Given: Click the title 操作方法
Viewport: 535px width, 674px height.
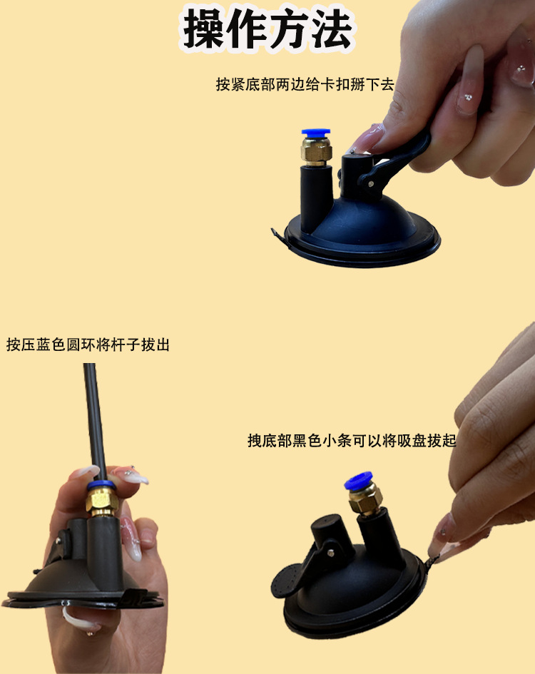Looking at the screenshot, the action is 267,29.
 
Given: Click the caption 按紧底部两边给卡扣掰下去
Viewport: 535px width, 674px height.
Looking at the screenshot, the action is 305,84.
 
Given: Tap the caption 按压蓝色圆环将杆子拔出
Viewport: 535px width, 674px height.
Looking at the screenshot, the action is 88,344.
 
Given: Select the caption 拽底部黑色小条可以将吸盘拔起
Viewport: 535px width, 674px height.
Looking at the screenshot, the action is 352,441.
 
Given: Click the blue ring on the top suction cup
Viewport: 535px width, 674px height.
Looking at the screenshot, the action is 316,132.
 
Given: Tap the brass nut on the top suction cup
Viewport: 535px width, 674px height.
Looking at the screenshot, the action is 316,150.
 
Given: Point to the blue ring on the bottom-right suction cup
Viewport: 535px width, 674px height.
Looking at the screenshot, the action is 358,481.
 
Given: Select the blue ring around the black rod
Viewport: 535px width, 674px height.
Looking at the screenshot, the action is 101,486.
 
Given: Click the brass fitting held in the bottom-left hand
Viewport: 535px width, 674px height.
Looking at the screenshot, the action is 101,502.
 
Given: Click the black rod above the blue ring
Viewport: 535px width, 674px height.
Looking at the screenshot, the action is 95,422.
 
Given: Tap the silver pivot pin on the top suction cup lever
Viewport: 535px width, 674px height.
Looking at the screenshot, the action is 371,183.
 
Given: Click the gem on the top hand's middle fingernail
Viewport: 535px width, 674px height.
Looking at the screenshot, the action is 468,98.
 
